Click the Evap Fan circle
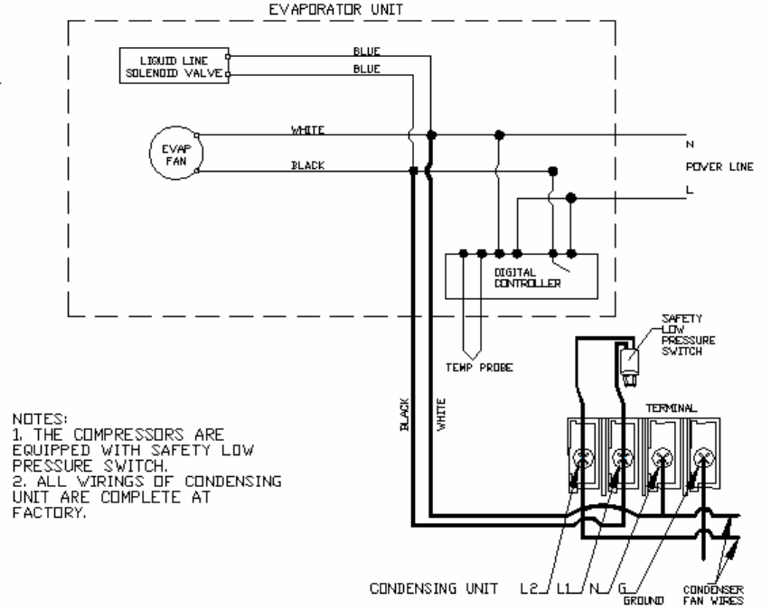pos(175,153)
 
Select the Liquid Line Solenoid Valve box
pos(174,67)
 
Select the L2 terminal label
pos(531,587)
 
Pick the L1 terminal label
pos(565,587)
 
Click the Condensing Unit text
pos(432,587)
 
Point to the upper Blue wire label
pos(366,52)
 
